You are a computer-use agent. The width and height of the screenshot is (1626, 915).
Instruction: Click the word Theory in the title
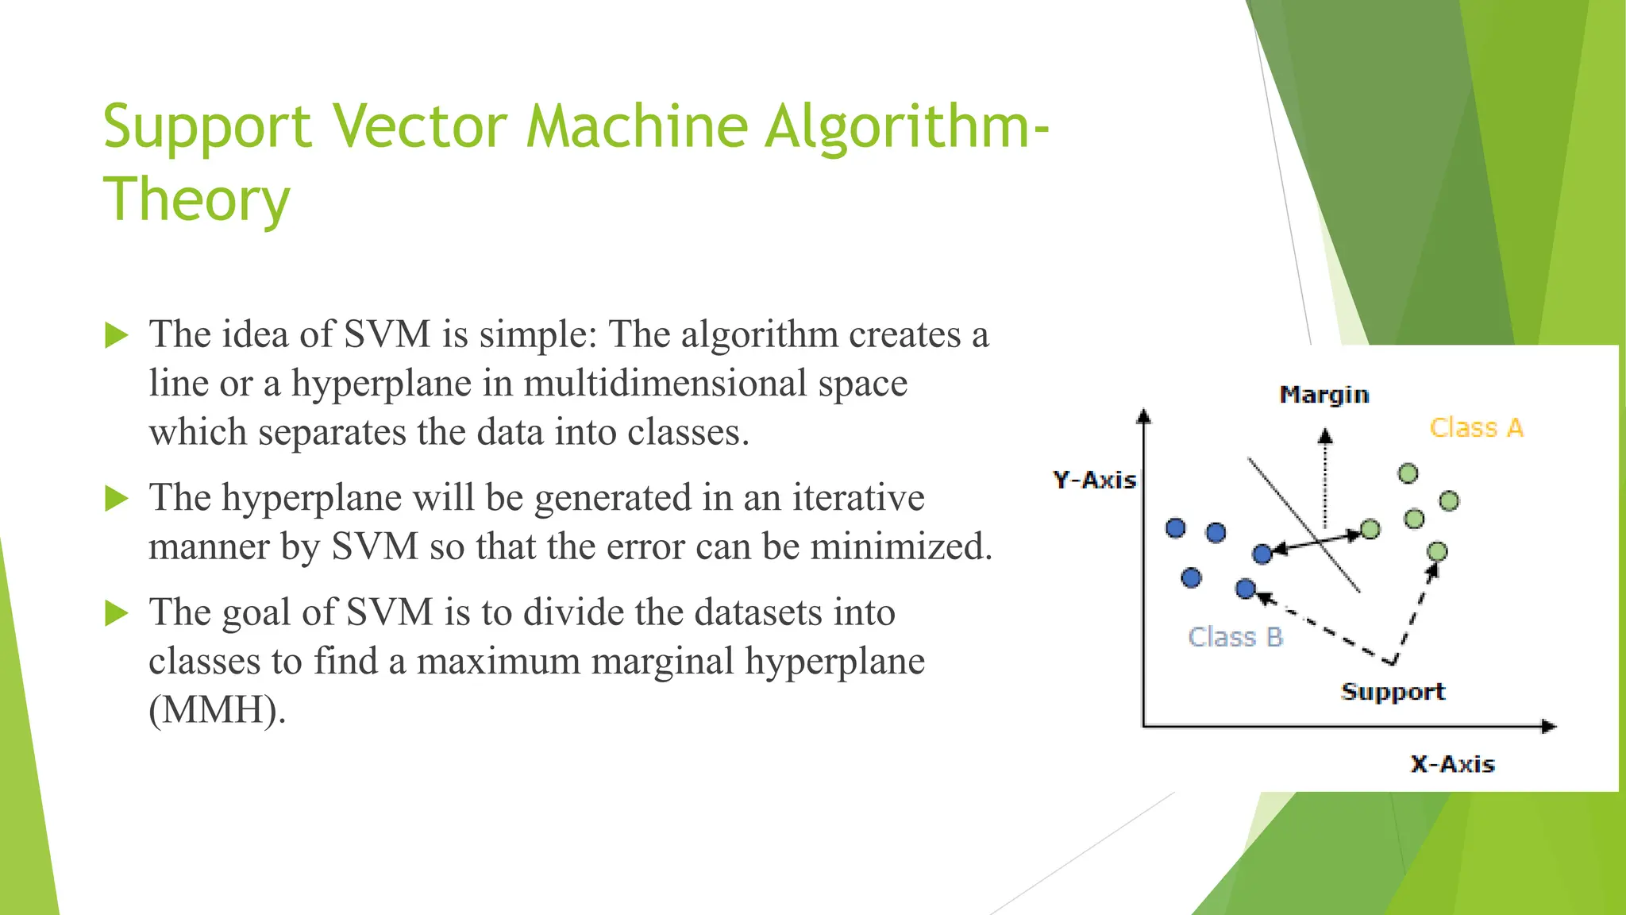coord(196,200)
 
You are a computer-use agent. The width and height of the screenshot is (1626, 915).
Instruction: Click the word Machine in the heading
coord(636,127)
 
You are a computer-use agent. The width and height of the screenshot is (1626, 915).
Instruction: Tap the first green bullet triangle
coord(116,335)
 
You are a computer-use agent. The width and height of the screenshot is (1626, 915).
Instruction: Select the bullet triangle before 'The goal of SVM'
coord(116,613)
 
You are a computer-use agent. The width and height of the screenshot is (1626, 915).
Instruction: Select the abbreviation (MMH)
coord(217,709)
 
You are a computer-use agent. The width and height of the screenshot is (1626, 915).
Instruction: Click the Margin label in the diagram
coord(1324,395)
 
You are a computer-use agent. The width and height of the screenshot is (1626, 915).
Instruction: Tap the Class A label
coord(1476,428)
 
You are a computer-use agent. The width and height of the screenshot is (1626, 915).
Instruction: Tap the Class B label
coord(1235,637)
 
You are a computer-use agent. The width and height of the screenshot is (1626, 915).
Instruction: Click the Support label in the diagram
coord(1393,692)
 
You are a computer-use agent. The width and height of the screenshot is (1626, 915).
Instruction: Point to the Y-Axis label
coord(1094,480)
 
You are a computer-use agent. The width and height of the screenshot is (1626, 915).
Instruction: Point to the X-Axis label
coord(1452,764)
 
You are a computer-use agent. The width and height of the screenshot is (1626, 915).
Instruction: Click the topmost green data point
coord(1408,474)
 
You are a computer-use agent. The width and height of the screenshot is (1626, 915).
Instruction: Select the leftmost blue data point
coord(1176,528)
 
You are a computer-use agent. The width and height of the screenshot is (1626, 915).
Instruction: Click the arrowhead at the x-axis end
coord(1548,726)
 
